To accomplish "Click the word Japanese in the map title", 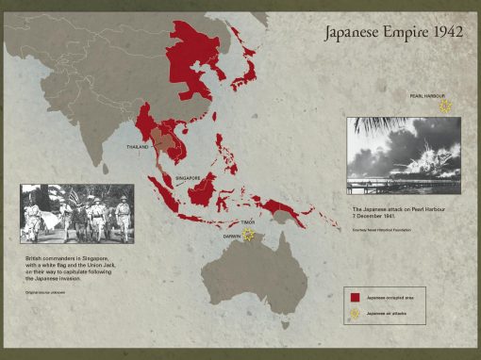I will [351, 34].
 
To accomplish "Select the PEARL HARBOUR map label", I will [427, 96].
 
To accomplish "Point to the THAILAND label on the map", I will [138, 147].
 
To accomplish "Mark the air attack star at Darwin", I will [249, 235].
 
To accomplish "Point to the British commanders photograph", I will [76, 213].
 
